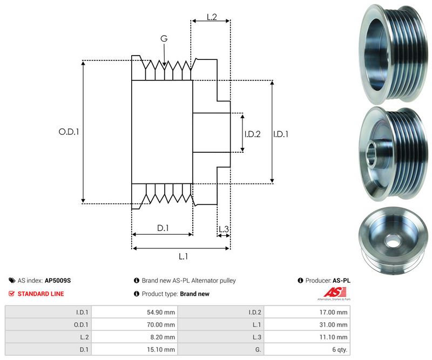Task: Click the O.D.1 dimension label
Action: click(x=69, y=131)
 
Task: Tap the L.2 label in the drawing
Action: click(x=212, y=17)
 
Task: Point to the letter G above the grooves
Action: click(x=164, y=38)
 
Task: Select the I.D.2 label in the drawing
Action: click(x=252, y=134)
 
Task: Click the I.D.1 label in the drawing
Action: click(x=281, y=134)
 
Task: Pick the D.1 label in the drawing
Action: click(x=163, y=228)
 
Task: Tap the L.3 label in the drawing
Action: click(x=224, y=229)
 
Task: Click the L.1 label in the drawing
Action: click(x=183, y=256)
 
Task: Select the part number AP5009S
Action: click(x=58, y=281)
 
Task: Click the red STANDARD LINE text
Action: click(x=40, y=294)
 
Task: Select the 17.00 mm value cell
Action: click(x=334, y=312)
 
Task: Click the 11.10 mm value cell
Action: click(x=335, y=337)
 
